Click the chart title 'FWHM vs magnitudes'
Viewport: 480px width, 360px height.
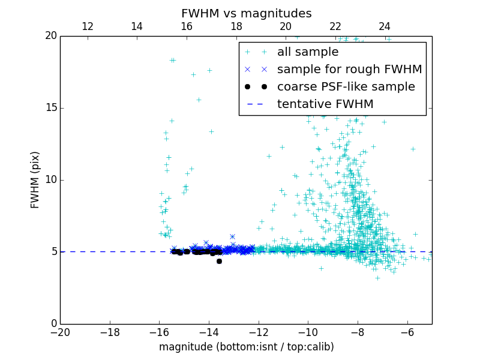click(246, 13)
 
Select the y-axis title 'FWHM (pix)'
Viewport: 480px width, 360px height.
click(35, 179)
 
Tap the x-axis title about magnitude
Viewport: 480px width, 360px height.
click(246, 347)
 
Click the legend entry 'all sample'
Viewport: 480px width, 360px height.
click(308, 52)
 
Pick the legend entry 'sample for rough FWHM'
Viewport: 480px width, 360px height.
click(349, 70)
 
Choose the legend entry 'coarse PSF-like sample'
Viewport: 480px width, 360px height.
click(346, 87)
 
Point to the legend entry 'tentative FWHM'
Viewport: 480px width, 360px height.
click(325, 104)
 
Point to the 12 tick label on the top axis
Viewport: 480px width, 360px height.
click(88, 26)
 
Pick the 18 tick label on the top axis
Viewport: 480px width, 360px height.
click(236, 26)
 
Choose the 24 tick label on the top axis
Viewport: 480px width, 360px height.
click(385, 26)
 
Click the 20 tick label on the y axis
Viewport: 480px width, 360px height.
click(50, 36)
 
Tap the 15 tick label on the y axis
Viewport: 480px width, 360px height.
click(50, 108)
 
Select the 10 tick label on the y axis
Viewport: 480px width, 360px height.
click(50, 180)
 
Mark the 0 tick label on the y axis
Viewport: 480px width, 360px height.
click(53, 324)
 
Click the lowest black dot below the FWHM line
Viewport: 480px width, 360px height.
click(219, 261)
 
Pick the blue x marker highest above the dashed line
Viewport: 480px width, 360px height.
click(232, 237)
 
